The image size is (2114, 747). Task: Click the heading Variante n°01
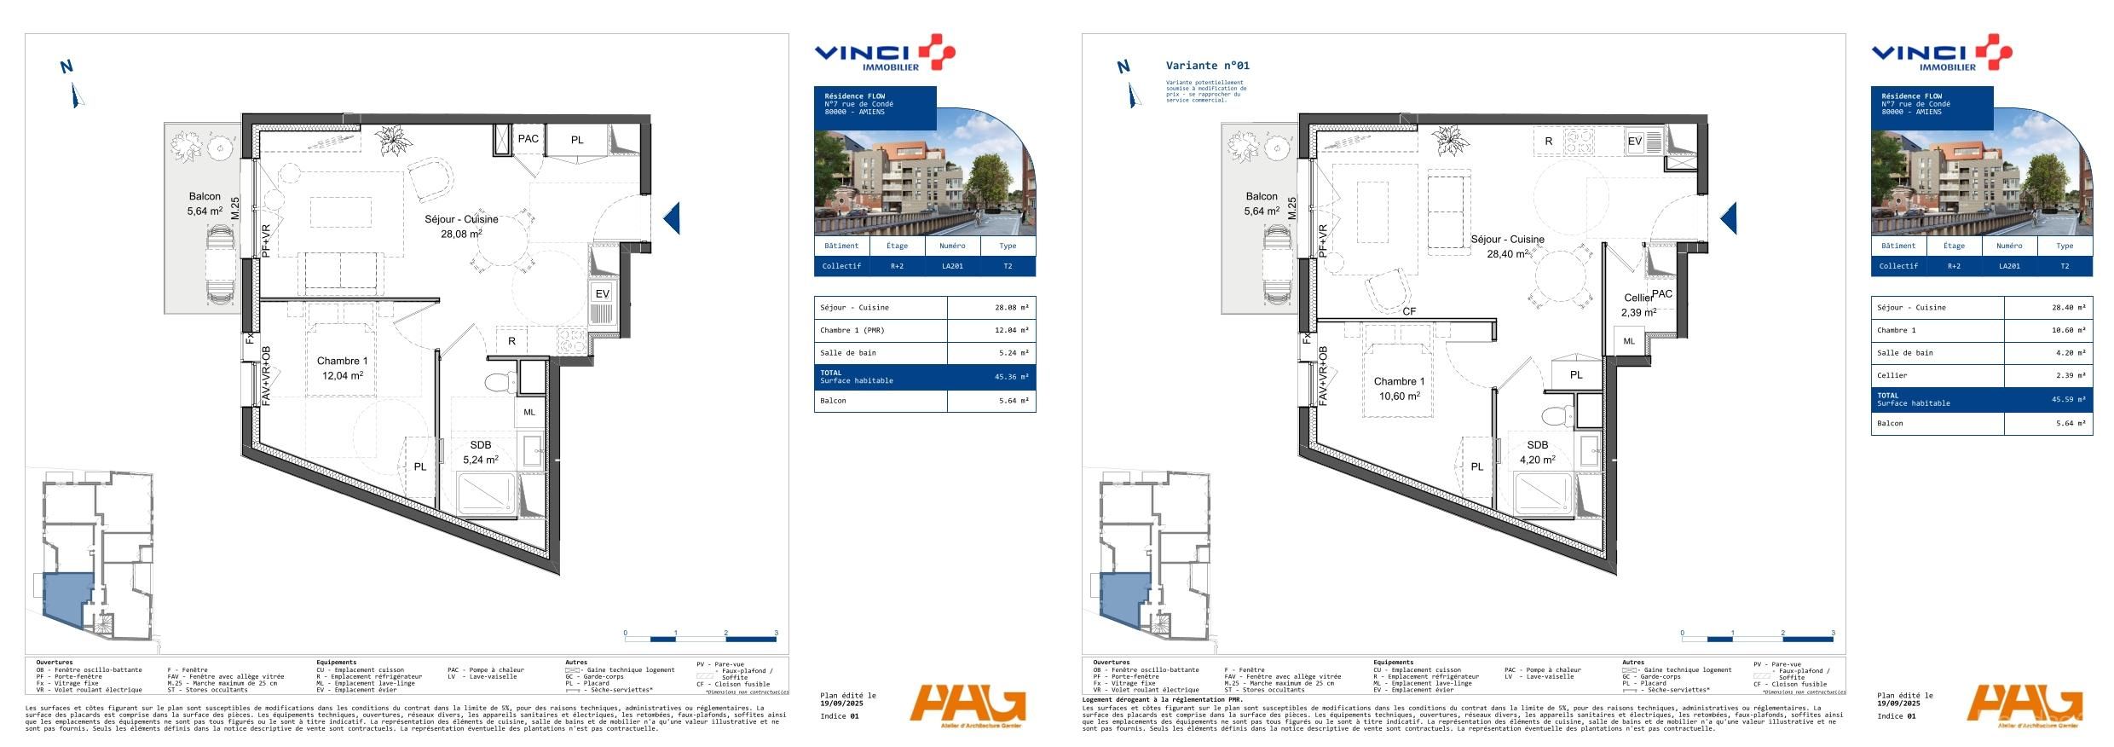(1207, 66)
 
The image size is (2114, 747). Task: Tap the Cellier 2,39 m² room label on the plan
(1638, 305)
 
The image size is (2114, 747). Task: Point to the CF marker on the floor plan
(1409, 312)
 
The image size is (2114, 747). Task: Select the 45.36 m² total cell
(1011, 377)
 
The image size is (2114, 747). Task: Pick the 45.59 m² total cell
(2068, 399)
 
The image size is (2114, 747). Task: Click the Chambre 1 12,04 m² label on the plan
(343, 368)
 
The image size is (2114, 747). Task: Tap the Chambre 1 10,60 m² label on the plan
(1400, 389)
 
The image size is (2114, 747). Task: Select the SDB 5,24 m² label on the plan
(480, 453)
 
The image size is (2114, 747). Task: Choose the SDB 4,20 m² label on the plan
(1537, 453)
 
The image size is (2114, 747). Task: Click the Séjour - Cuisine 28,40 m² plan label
(1507, 246)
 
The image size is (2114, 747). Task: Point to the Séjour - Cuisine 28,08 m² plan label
(461, 226)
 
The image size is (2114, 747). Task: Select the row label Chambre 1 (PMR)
(852, 331)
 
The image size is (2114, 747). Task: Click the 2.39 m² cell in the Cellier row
(2068, 375)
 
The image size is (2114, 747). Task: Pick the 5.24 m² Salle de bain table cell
(1011, 353)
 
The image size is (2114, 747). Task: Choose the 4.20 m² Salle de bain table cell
(2068, 353)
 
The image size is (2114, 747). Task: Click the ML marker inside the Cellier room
(1629, 341)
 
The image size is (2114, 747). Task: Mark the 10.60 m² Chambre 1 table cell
(2068, 330)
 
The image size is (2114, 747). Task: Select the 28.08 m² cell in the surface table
(1011, 308)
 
